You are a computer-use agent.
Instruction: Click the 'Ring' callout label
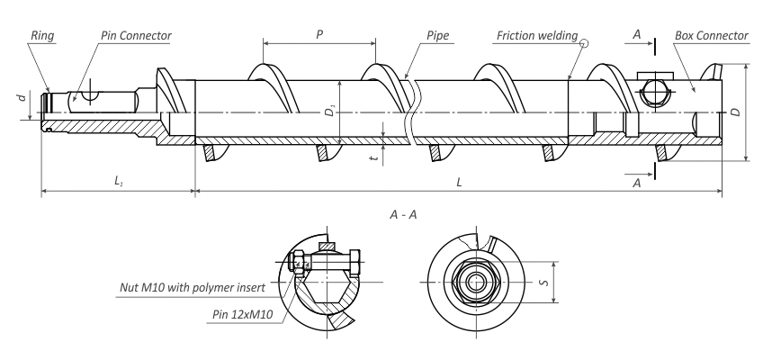point(42,36)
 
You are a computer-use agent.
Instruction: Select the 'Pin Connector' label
point(136,36)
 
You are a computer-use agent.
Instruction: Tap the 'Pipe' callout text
point(438,36)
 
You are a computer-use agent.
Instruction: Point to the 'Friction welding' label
point(537,36)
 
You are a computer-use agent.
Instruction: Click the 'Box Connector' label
point(712,36)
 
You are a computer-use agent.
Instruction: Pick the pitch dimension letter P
point(319,34)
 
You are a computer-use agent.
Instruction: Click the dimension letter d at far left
point(22,97)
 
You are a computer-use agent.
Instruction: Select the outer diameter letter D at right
point(736,112)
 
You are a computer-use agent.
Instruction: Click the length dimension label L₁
point(118,181)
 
